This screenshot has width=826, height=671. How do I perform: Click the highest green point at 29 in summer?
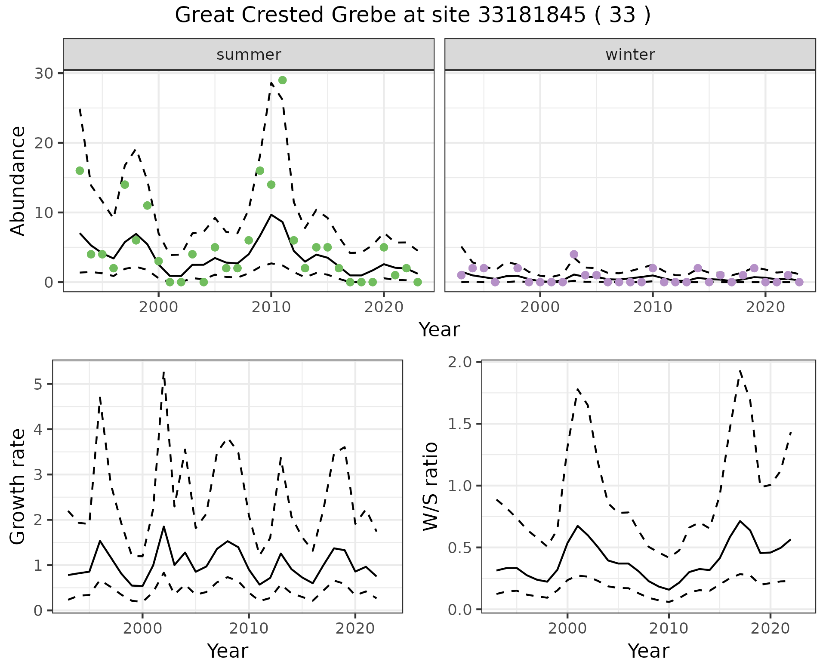[282, 80]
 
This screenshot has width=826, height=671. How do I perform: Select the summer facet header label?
[249, 55]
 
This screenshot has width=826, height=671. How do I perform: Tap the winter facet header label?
[630, 55]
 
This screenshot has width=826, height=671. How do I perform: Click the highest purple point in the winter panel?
[574, 254]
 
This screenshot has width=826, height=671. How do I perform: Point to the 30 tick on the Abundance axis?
[44, 73]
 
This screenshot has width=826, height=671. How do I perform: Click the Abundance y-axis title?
[18, 181]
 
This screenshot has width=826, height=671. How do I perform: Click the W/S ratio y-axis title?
[430, 487]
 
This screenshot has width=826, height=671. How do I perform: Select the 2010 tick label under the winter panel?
[653, 308]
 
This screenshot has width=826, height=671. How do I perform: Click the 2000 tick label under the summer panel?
[158, 308]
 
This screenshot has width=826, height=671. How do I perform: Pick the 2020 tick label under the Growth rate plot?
[355, 628]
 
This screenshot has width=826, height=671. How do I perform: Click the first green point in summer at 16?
[80, 171]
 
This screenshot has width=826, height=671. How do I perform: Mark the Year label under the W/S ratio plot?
[648, 651]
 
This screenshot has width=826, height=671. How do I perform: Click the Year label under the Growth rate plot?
[228, 651]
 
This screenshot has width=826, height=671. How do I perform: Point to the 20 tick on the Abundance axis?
[44, 143]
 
